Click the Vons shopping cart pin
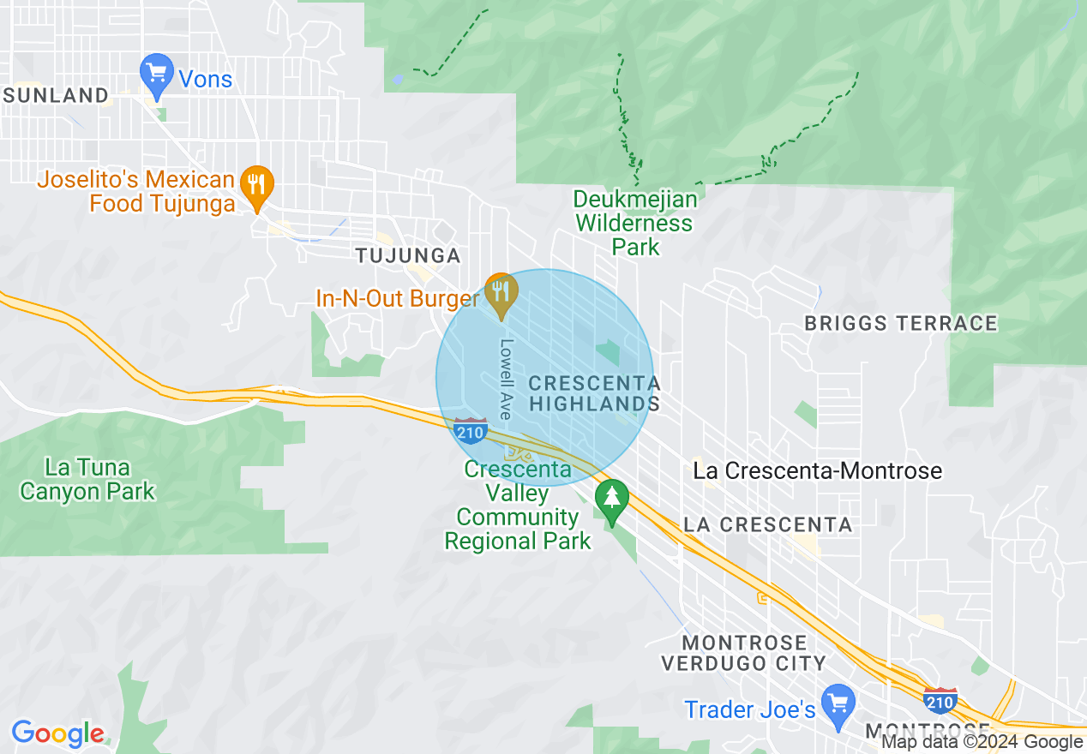tap(157, 75)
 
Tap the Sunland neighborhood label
tap(57, 95)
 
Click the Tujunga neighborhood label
tap(408, 255)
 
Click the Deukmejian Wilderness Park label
tap(635, 223)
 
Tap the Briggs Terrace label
tap(901, 323)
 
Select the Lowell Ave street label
tap(506, 379)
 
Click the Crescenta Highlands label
tap(594, 393)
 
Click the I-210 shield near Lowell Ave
tap(471, 431)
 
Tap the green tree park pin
tap(611, 500)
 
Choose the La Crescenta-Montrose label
tap(817, 470)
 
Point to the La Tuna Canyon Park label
tap(87, 479)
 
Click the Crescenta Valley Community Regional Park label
tap(518, 506)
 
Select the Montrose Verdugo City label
tap(743, 652)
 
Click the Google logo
tap(57, 733)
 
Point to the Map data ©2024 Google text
tap(982, 742)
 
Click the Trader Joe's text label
tap(749, 709)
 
